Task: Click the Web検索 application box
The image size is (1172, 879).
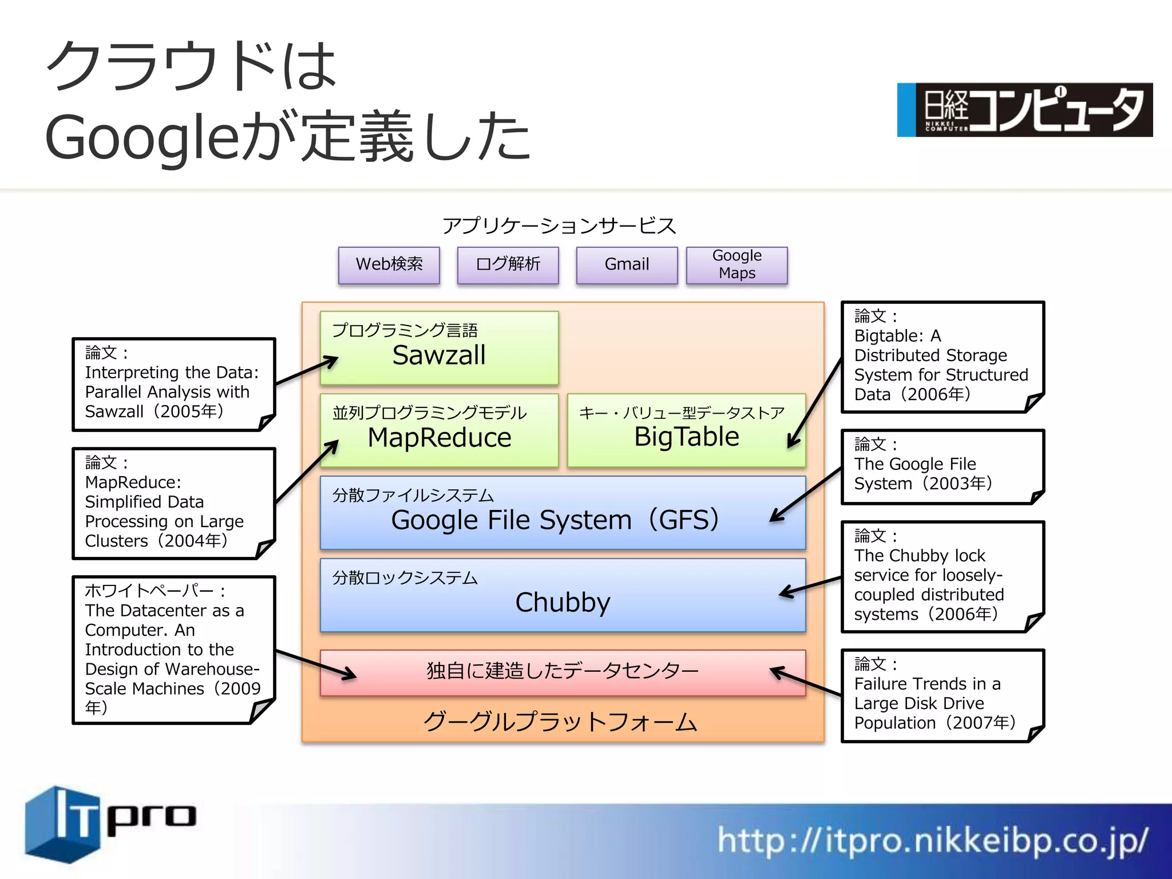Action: [x=389, y=264]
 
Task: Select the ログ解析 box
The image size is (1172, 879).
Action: [x=508, y=264]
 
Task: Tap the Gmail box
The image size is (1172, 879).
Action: [x=627, y=264]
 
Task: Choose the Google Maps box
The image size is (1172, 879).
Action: [x=737, y=264]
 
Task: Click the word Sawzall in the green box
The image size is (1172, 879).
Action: [x=439, y=355]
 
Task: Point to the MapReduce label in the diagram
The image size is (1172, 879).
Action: [x=439, y=438]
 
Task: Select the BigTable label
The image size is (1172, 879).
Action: [x=686, y=437]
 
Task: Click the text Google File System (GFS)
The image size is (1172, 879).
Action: [x=555, y=520]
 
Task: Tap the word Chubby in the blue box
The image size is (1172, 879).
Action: [x=563, y=602]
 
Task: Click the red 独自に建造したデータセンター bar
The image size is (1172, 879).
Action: [x=563, y=671]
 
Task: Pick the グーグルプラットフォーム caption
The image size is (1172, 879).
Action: [x=560, y=722]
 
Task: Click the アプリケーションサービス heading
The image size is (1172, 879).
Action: [x=559, y=226]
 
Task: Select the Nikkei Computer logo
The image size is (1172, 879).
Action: [x=1024, y=110]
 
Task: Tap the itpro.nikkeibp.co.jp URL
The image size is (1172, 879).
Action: [x=933, y=841]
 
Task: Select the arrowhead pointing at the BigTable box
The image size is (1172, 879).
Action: [x=792, y=443]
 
